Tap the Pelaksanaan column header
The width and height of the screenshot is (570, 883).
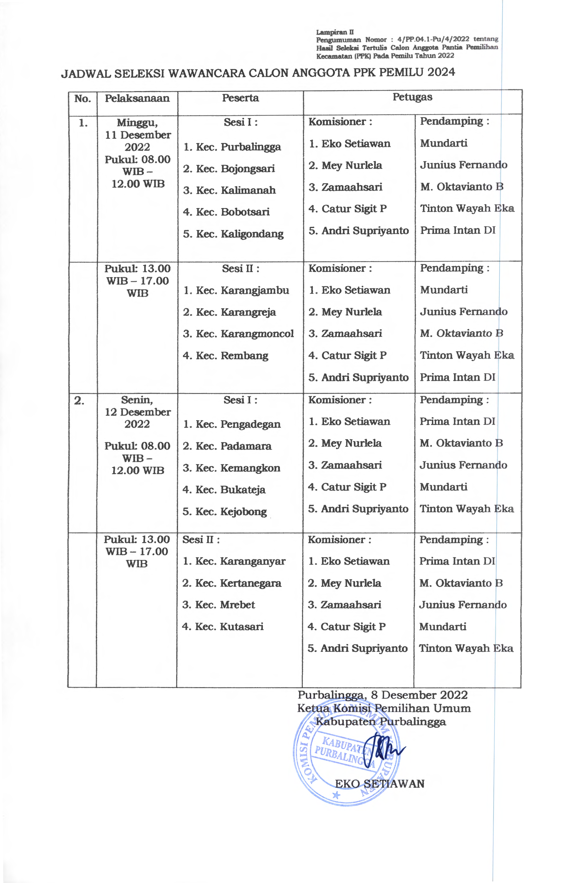(137, 99)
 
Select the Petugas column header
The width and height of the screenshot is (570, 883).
(412, 97)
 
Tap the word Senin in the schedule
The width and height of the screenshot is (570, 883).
(137, 400)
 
